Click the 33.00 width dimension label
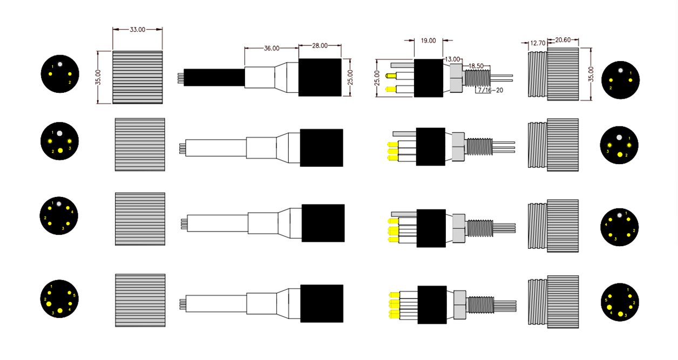137,30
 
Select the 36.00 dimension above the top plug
272,48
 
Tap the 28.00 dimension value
320,45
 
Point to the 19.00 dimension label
428,40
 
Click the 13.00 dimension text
452,59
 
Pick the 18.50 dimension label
476,65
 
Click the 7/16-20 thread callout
490,90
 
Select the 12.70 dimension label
537,43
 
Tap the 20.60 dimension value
562,40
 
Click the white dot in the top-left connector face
60,63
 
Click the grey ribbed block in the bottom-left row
140,300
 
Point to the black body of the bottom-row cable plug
322,303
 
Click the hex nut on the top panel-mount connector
456,78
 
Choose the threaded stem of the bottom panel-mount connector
478,305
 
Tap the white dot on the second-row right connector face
619,137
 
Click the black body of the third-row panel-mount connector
431,228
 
